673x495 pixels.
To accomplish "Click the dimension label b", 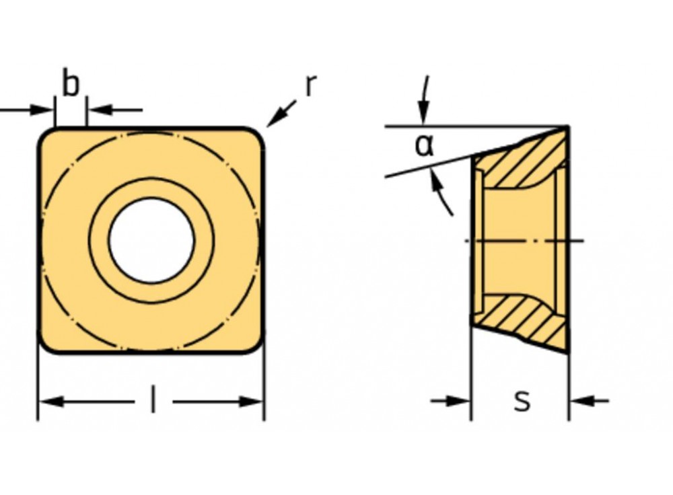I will point(71,84).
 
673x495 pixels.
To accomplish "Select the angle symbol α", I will point(424,145).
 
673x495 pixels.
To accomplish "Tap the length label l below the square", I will point(153,402).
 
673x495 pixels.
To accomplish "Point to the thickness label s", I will point(522,401).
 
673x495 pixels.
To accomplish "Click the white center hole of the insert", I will point(151,240).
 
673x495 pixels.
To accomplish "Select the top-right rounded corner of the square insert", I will point(256,135).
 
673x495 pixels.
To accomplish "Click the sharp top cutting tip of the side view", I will point(567,127).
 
